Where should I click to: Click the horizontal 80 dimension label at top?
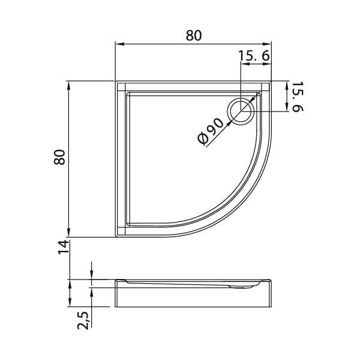pos(194,35)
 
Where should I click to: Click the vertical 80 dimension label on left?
pos(59,157)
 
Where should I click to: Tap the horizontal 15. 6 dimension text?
pos(254,56)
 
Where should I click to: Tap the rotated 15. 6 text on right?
pos(298,97)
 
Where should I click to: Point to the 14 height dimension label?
pos(64,247)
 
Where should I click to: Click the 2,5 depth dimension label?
pos(83,320)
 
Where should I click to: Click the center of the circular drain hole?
pos(241,111)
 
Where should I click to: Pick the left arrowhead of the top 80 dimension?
pos(119,44)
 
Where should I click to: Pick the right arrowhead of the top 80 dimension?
pos(267,44)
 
